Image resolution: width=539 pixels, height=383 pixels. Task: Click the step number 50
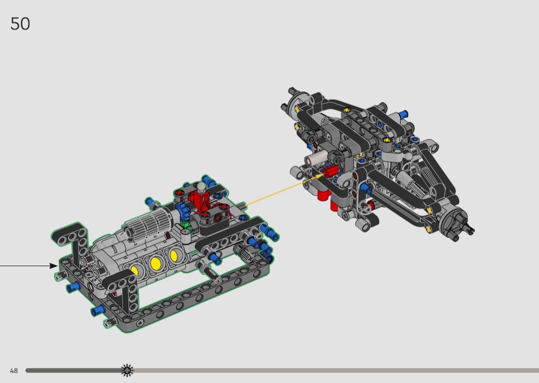point(21,24)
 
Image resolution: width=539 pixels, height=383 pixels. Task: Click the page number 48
point(14,371)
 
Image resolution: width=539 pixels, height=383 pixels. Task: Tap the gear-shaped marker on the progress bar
point(127,370)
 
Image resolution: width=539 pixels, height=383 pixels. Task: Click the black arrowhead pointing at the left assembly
point(53,266)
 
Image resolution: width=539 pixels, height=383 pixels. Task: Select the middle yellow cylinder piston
point(156,263)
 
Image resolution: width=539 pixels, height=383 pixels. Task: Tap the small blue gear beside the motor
point(182,211)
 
